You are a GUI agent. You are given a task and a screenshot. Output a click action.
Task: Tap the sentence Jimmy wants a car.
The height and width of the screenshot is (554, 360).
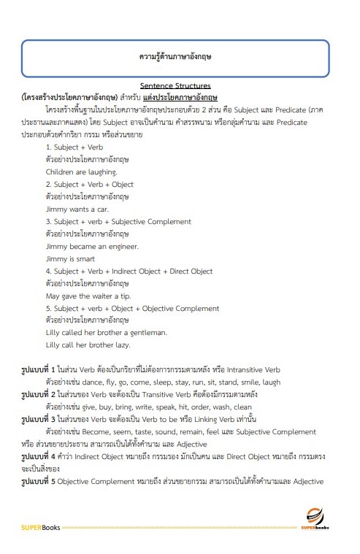point(71,208)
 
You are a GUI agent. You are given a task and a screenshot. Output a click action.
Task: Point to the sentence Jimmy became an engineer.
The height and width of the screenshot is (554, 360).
point(82,246)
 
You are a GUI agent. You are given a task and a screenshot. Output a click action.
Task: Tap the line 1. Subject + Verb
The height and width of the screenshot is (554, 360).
point(72,147)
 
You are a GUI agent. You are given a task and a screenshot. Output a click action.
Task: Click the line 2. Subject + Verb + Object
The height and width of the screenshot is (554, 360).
point(89,184)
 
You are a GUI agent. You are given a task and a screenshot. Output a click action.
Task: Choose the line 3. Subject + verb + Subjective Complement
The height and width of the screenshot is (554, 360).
point(118,221)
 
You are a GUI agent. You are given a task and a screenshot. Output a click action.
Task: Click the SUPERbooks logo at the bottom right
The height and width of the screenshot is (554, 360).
point(317,518)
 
